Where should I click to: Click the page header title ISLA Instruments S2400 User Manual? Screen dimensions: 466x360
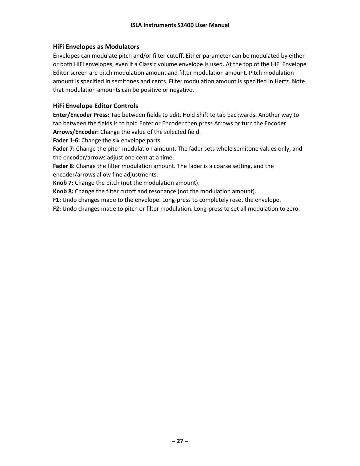[x=180, y=25]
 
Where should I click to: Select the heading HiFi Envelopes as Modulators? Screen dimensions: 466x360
[x=96, y=47]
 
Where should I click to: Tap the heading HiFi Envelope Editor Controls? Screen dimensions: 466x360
[x=95, y=106]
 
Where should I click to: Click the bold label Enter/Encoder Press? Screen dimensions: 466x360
[x=81, y=115]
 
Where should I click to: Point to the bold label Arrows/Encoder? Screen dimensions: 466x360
[x=76, y=132]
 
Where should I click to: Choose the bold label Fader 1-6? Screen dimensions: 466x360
[x=66, y=140]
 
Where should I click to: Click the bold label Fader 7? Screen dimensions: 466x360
[x=64, y=149]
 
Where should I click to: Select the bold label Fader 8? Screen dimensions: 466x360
[x=64, y=166]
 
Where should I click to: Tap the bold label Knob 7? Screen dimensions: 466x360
[x=63, y=183]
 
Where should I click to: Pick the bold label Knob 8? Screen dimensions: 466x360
[x=63, y=191]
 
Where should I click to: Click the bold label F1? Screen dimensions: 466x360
[x=57, y=200]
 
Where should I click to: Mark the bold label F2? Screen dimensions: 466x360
[x=57, y=209]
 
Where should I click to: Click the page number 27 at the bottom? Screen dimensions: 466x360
[x=180, y=441]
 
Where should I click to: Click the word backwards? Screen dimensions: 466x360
[x=241, y=115]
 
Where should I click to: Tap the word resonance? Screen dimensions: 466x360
[x=163, y=191]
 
